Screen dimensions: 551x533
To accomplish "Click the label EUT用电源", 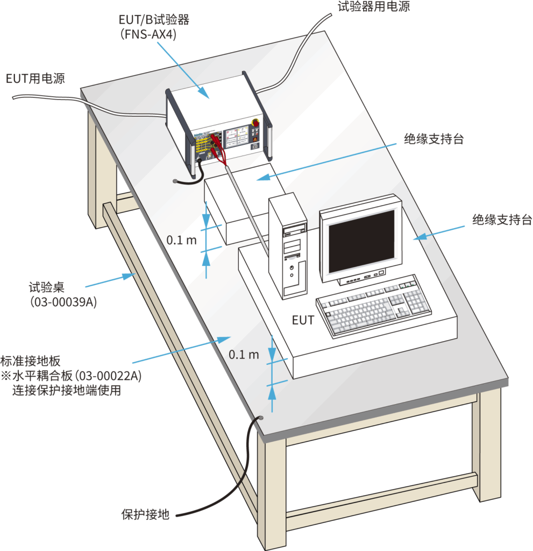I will pos(35,79).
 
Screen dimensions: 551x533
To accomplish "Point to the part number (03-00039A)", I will pos(63,302).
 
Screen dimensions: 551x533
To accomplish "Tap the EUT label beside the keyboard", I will pos(302,320).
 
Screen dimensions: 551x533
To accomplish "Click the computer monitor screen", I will pos(361,241).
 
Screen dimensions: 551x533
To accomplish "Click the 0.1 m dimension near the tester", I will pos(181,240).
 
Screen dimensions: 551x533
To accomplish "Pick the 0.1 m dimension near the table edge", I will pos(244,355).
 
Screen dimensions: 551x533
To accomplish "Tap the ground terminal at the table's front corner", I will pos(261,418).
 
